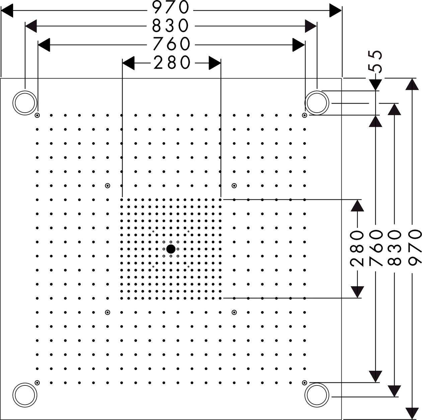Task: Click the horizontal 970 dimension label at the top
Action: pos(170,7)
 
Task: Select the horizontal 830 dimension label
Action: pos(170,26)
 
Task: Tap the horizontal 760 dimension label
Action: pos(171,44)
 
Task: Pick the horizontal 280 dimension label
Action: pos(172,63)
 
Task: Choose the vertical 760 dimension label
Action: pos(375,248)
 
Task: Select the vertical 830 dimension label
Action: pos(394,248)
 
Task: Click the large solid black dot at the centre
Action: pos(170,249)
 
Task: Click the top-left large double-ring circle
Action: pos(25,103)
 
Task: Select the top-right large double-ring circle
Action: pos(316,103)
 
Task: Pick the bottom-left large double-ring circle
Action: pos(25,395)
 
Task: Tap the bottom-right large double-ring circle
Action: pos(316,395)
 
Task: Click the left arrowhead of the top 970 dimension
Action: pos(7,10)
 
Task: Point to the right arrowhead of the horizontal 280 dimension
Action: pos(215,63)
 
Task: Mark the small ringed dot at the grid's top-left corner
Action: pos(37,115)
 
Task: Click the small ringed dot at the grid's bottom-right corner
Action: pos(304,383)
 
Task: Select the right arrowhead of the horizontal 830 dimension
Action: pos(310,26)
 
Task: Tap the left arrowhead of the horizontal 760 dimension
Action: pos(44,45)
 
